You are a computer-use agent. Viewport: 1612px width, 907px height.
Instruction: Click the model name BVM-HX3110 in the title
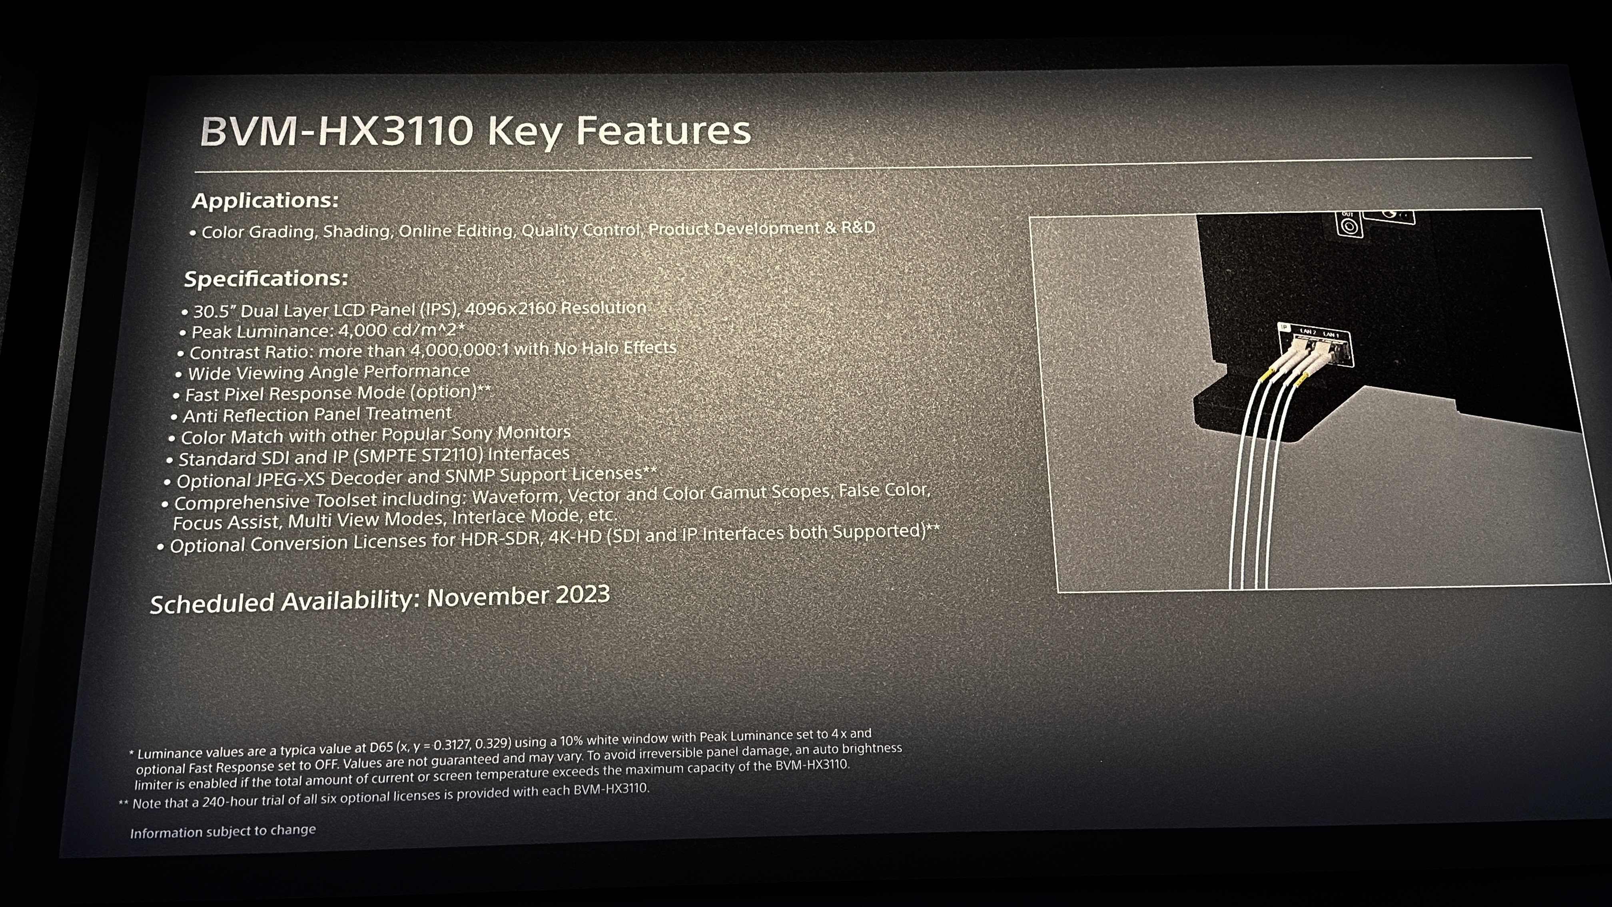point(336,132)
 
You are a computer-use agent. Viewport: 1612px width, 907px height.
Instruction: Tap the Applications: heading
point(265,200)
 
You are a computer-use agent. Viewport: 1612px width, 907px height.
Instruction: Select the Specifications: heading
point(266,279)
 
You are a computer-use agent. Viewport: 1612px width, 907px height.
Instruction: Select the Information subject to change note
point(223,831)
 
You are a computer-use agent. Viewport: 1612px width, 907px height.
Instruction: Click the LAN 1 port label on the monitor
point(1331,335)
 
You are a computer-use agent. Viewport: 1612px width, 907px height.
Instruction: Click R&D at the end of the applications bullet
point(858,227)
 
